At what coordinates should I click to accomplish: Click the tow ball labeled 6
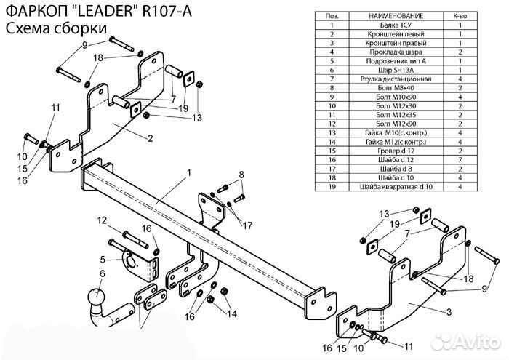[94, 297]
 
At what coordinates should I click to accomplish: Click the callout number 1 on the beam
[188, 173]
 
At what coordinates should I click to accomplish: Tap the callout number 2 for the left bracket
[149, 138]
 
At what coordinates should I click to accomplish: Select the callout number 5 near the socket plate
[103, 259]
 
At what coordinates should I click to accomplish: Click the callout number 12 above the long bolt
[103, 220]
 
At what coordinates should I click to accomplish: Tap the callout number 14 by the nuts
[232, 313]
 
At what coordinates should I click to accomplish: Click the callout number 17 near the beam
[248, 224]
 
